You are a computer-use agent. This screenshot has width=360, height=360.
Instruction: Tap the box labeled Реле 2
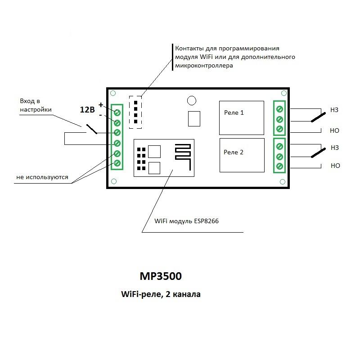click(x=241, y=155)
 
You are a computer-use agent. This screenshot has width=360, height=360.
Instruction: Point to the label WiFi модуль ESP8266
click(x=186, y=221)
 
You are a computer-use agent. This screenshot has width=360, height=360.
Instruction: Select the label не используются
click(x=42, y=177)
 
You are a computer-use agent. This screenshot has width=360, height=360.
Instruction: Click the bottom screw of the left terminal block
click(x=117, y=163)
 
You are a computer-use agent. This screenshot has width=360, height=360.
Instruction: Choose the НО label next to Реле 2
click(x=335, y=166)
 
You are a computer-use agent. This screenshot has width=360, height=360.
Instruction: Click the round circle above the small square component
click(x=192, y=101)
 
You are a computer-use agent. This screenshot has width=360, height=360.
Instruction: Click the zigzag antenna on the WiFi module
click(x=183, y=157)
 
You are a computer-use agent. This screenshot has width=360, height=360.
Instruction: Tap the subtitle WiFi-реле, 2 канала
click(x=161, y=295)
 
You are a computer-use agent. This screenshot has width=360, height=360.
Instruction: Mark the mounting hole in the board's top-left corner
click(x=113, y=94)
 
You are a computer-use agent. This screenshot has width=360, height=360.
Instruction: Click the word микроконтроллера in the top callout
click(x=203, y=66)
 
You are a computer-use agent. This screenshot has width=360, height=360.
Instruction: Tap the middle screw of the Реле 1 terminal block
click(x=279, y=119)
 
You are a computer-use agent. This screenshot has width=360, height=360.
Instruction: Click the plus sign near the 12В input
click(x=100, y=104)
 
